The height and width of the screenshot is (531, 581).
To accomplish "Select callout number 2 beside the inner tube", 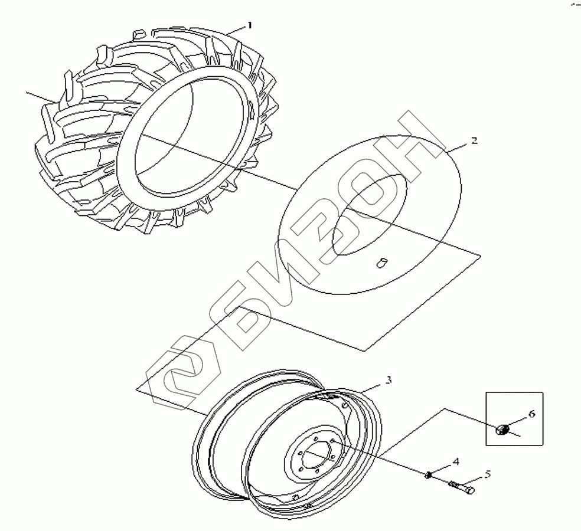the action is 474,141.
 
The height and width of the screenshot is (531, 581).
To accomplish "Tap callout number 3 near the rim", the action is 388,380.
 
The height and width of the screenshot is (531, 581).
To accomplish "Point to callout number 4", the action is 455,460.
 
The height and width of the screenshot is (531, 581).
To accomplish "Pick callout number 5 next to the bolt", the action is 488,473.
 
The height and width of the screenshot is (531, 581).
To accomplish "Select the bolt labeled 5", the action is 462,487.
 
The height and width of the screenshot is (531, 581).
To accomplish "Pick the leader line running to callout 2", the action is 458,147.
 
